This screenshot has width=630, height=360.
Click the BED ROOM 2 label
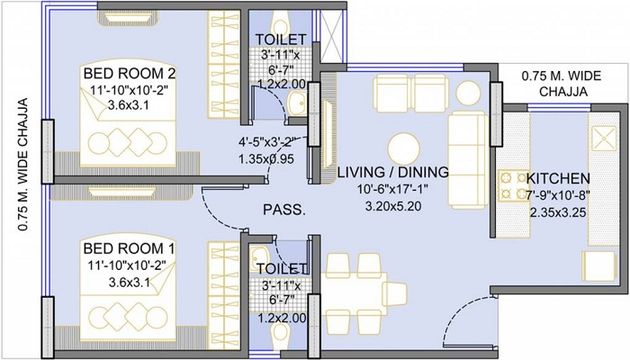pos(130,74)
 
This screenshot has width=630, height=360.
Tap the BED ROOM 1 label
pos(129,248)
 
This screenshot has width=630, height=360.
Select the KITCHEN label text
pos(558,178)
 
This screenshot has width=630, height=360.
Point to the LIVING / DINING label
pos(393,173)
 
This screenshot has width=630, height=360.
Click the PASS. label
pos(284,210)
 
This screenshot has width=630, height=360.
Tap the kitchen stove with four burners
pos(513,186)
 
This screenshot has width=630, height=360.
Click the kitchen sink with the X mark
pos(604,139)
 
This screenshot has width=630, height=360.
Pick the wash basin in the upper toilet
pos(297,103)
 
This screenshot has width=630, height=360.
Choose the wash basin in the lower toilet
pos(259,255)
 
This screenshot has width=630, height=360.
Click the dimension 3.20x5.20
pos(393,206)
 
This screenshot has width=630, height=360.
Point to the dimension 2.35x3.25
pos(558,212)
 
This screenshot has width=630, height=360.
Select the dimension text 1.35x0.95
pos(266,159)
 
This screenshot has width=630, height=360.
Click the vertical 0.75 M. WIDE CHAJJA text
pos(23,165)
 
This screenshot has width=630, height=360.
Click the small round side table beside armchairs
pos(468,94)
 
